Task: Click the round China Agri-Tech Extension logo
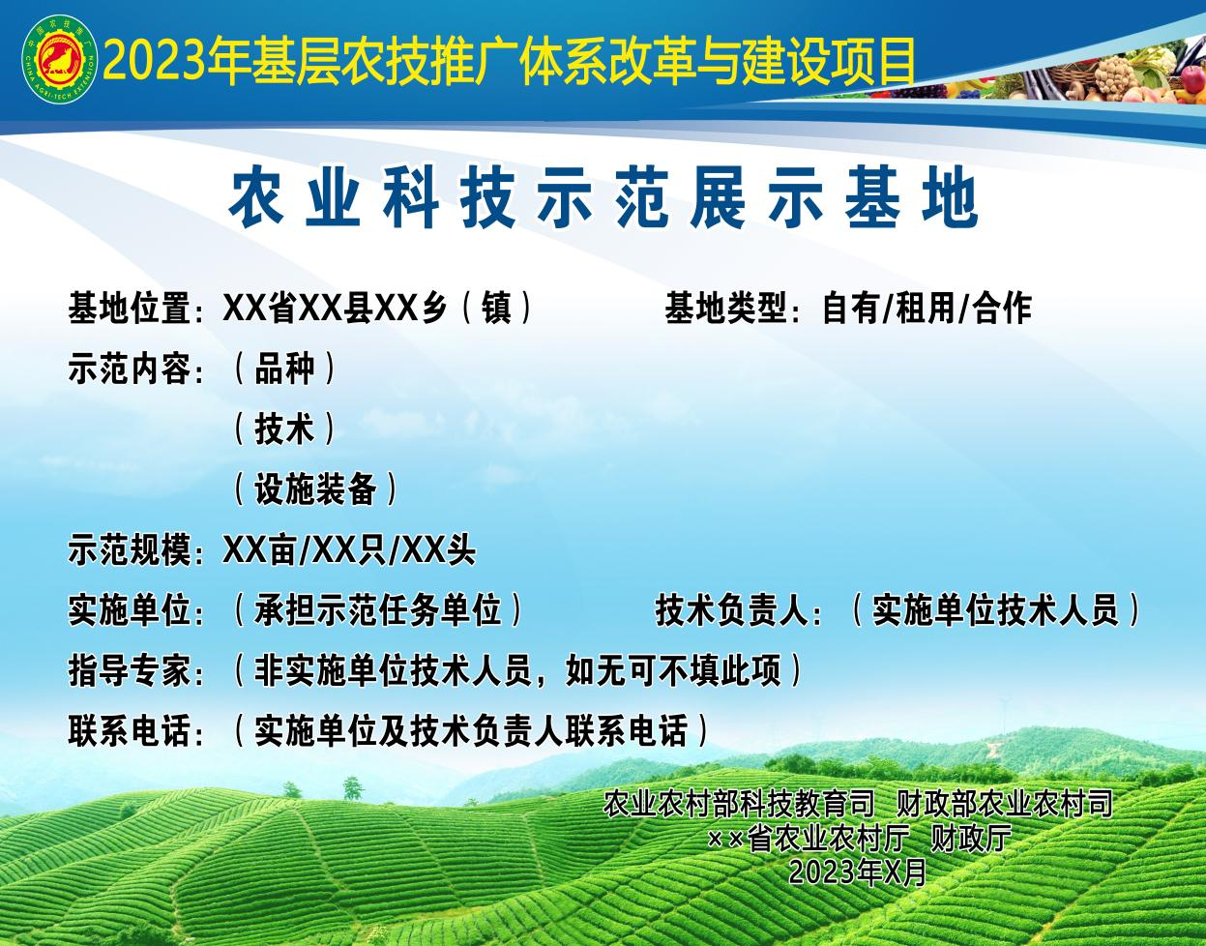[x=60, y=59]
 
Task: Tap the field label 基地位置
[x=130, y=308]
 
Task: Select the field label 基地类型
[x=727, y=308]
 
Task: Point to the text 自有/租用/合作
[x=927, y=308]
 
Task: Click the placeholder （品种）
[x=284, y=369]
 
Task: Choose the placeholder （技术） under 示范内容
[x=284, y=429]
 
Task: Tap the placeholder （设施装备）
[x=315, y=488]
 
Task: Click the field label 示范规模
[x=130, y=549]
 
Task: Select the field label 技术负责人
[x=731, y=610]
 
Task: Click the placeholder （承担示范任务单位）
[x=377, y=610]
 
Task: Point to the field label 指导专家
[x=130, y=670]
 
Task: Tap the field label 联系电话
[x=130, y=730]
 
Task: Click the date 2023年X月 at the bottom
[x=858, y=872]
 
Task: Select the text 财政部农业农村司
[x=1005, y=804]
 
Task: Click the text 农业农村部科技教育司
[x=739, y=804]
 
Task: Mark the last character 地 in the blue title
[x=950, y=198]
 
